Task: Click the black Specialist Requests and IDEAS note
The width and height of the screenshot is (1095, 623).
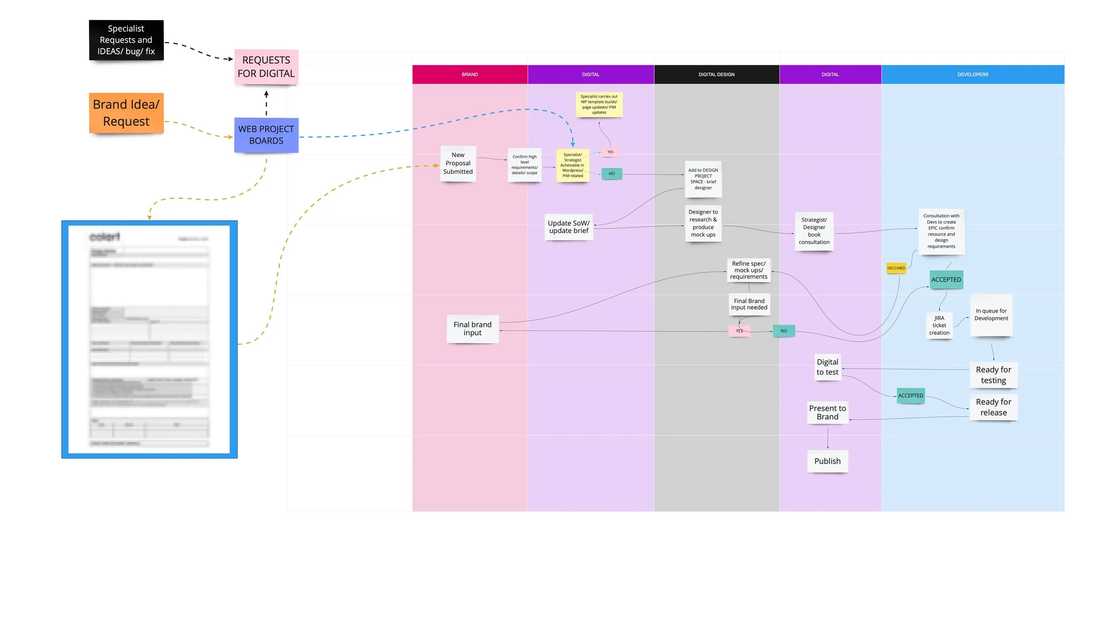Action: [x=126, y=40]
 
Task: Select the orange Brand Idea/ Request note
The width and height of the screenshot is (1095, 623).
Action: [x=126, y=113]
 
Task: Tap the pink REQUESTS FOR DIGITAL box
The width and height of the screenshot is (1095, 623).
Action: [x=266, y=67]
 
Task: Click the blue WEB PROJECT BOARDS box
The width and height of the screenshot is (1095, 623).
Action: [x=266, y=135]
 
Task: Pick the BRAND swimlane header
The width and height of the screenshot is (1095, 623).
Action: [x=470, y=74]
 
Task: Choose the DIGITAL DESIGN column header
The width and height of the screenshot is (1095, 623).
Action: [x=716, y=74]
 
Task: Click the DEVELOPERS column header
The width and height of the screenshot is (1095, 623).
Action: [x=972, y=74]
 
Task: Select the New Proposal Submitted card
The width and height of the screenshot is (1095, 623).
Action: [x=458, y=163]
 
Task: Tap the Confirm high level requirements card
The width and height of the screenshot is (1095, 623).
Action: [x=524, y=165]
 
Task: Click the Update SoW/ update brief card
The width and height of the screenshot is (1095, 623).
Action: [x=569, y=227]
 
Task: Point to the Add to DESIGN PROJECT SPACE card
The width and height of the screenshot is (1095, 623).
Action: [x=703, y=179]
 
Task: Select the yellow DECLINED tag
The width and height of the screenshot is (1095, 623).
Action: [x=896, y=268]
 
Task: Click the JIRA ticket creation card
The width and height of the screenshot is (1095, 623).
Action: [x=939, y=325]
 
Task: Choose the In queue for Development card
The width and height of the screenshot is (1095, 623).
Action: [x=991, y=315]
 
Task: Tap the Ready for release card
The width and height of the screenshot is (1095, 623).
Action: [x=993, y=407]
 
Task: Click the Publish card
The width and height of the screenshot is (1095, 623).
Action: [x=827, y=461]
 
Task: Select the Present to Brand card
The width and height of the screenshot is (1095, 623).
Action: [x=827, y=412]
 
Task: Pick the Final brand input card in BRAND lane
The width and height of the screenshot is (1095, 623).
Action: [x=472, y=329]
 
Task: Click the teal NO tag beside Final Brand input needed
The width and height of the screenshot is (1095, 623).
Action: [x=783, y=331]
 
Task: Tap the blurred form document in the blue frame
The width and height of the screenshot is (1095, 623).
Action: [x=149, y=339]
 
